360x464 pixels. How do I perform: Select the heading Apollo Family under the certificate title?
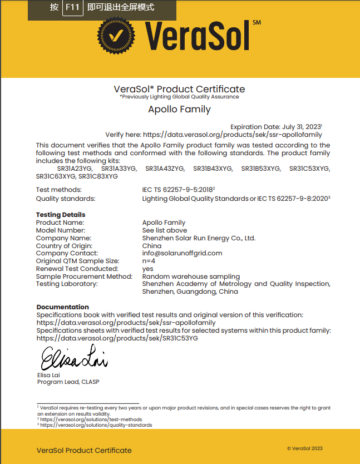pyautogui.click(x=179, y=110)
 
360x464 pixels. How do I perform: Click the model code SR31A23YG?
pyautogui.click(x=75, y=169)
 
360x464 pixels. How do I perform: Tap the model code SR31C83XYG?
pyautogui.click(x=98, y=176)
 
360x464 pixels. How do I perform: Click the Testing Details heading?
pyautogui.click(x=61, y=215)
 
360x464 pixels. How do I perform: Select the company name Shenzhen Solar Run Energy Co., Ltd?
pyautogui.click(x=199, y=238)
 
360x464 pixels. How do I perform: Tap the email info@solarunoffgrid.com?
pyautogui.click(x=182, y=253)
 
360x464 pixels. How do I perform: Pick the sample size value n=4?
pyautogui.click(x=149, y=261)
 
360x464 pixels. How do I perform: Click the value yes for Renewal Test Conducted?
pyautogui.click(x=147, y=269)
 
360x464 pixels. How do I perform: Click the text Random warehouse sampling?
pyautogui.click(x=191, y=277)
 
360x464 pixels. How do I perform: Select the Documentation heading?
pyautogui.click(x=63, y=307)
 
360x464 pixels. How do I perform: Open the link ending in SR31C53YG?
pyautogui.click(x=117, y=338)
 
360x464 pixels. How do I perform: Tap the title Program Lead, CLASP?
pyautogui.click(x=68, y=382)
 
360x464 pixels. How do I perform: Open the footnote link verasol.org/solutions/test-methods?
pyautogui.click(x=91, y=419)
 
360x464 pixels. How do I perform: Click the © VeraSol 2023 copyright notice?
pyautogui.click(x=304, y=448)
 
